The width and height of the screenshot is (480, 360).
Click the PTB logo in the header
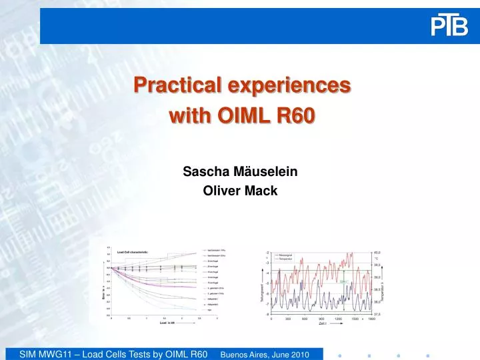pos(449,26)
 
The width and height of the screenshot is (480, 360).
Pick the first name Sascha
pos(202,171)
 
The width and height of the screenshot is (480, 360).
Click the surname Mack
pos(262,191)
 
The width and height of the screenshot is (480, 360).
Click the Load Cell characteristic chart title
pos(132,252)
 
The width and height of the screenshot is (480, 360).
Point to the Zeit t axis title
pos(322,323)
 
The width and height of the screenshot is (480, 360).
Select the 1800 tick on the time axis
pos(371,318)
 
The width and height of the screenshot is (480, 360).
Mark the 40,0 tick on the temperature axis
pos(377,253)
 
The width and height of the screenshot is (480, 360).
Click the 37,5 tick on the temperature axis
pos(377,313)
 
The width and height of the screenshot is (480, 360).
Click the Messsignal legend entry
pos(285,254)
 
